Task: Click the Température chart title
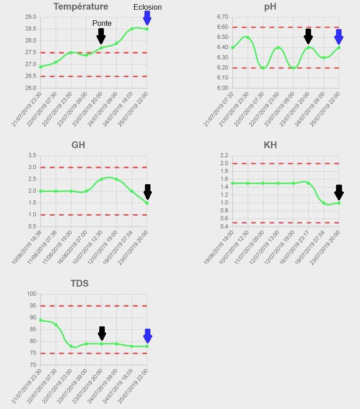click(x=81, y=6)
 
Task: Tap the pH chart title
click(x=270, y=6)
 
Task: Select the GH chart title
click(x=78, y=145)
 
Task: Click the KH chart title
click(x=270, y=145)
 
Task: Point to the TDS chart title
click(x=79, y=283)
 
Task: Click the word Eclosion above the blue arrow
click(x=147, y=7)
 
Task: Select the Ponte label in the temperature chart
click(x=102, y=23)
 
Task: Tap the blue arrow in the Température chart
click(x=147, y=18)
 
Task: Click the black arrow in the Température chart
click(x=101, y=36)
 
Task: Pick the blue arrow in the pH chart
click(x=339, y=36)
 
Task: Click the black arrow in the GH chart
click(x=148, y=192)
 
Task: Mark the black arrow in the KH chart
click(x=339, y=192)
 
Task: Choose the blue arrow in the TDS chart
click(x=148, y=336)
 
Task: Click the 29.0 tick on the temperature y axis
click(x=30, y=17)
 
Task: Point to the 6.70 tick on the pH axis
click(x=222, y=17)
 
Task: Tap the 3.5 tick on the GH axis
click(x=32, y=156)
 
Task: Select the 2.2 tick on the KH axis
click(x=224, y=155)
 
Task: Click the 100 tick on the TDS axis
click(x=31, y=294)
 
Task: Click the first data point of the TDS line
click(x=41, y=320)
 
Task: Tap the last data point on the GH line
click(x=147, y=203)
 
